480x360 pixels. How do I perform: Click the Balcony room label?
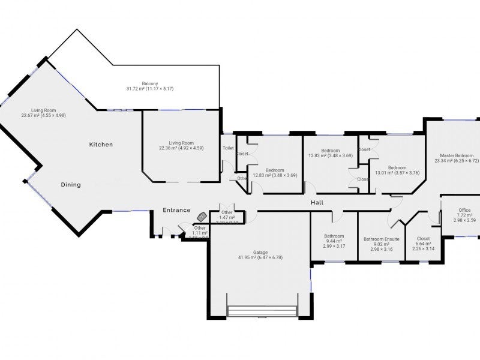click(x=150, y=83)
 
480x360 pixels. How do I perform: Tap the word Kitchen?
click(x=101, y=145)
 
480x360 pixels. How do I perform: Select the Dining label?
click(x=71, y=185)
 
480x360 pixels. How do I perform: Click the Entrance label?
click(x=177, y=210)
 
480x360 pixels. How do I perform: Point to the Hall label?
click(x=317, y=203)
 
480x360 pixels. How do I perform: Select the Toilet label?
click(x=228, y=148)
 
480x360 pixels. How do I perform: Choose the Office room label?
click(x=464, y=210)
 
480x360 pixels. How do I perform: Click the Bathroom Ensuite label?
click(x=381, y=239)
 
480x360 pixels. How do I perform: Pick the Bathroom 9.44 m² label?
click(x=334, y=236)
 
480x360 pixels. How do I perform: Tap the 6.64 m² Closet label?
click(x=423, y=244)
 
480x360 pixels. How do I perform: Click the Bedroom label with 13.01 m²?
click(x=397, y=168)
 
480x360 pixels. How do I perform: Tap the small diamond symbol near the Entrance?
click(x=202, y=215)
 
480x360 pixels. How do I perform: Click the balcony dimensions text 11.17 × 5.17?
click(x=159, y=89)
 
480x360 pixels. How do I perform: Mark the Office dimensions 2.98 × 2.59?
click(x=464, y=221)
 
